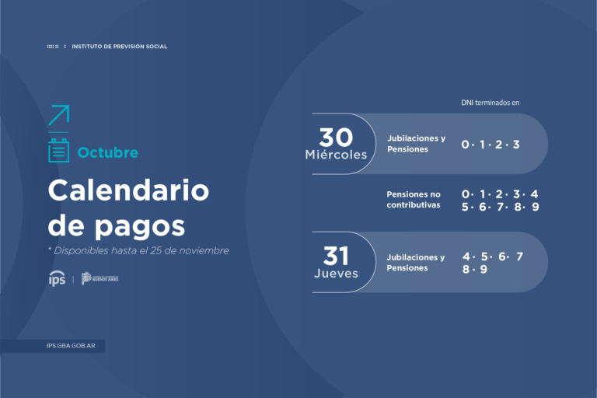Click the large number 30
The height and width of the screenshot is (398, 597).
pos(336,137)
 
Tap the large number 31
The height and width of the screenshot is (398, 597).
pos(336,256)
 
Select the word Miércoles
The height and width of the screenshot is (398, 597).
pos(336,155)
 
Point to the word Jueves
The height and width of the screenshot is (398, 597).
pos(336,274)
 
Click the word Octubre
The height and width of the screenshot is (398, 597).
pos(107,152)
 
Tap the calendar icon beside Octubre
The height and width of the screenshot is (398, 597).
pos(58,151)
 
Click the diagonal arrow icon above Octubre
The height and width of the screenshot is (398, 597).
pos(58,115)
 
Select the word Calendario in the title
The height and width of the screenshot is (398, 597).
pos(128,190)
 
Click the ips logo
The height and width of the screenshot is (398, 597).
pos(57,278)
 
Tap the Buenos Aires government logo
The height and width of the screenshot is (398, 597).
pos(100,278)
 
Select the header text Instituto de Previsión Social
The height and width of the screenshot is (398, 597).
pos(120,47)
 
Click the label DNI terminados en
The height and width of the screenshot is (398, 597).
pos(489,102)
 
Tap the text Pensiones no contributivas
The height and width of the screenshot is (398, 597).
pos(414,200)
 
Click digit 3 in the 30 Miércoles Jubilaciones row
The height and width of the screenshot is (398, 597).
pos(515,145)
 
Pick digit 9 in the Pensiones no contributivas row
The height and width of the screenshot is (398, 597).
pos(535,207)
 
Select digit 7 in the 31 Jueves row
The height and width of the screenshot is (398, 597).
pos(519,257)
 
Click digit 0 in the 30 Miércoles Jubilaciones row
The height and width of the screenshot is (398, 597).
pos(465,145)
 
